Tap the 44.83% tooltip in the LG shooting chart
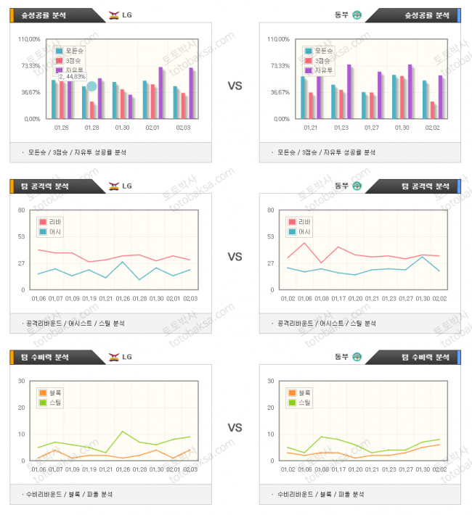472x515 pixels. (x=72, y=76)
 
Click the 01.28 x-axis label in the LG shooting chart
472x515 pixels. (x=92, y=128)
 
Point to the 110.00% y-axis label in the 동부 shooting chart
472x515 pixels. (x=278, y=39)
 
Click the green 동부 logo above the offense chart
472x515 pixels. (x=357, y=186)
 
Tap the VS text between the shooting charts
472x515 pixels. (x=235, y=86)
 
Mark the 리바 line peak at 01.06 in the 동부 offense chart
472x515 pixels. (x=305, y=242)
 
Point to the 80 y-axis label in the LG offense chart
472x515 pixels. (x=22, y=210)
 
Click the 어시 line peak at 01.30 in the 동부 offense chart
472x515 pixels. (x=423, y=257)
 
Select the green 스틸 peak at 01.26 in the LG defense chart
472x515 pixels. (x=123, y=432)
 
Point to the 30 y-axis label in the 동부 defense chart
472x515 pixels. (x=270, y=381)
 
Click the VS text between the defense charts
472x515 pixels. (x=235, y=427)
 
